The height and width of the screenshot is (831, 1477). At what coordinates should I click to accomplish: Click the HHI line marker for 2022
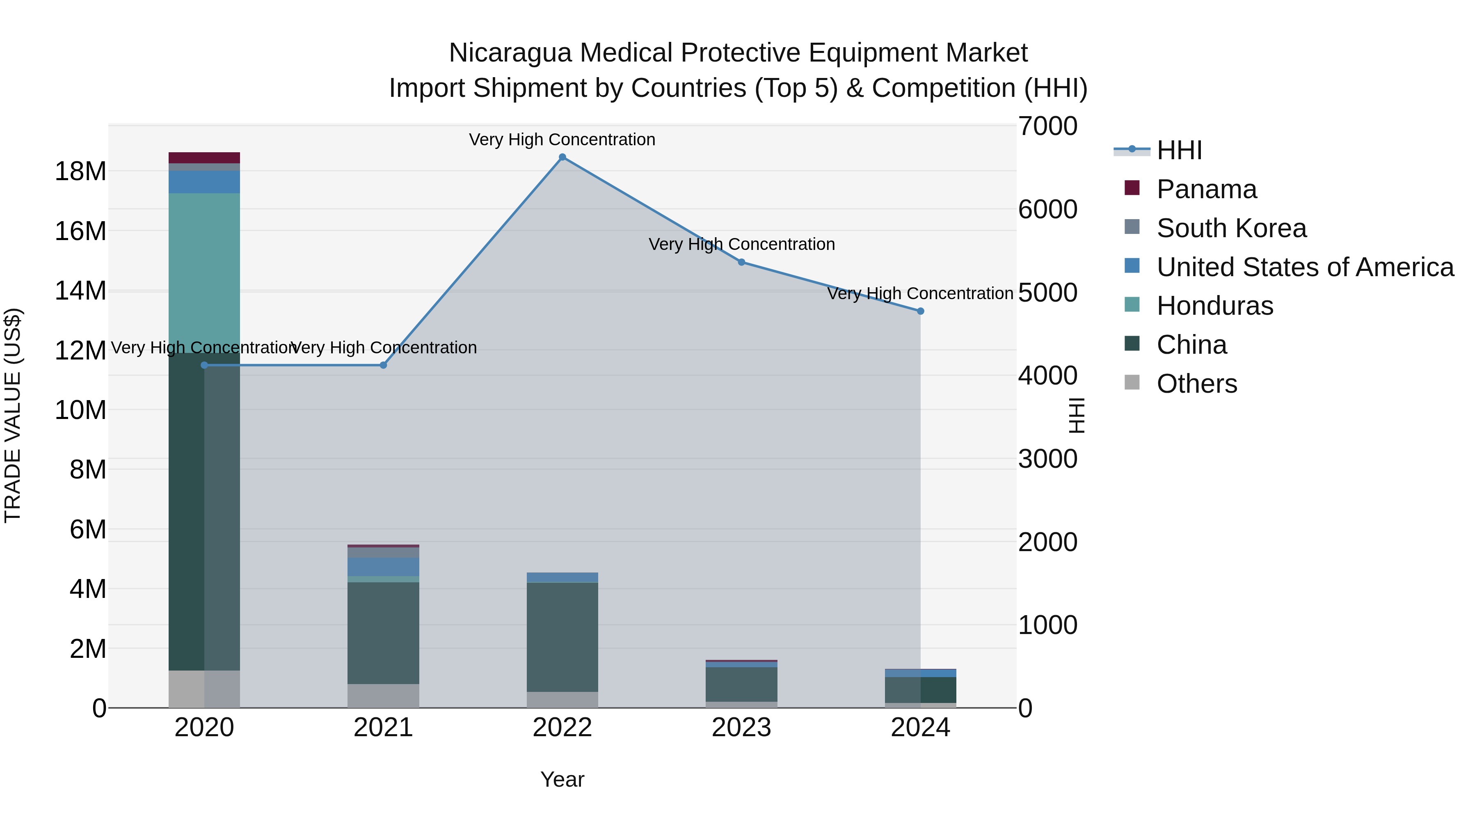coord(562,157)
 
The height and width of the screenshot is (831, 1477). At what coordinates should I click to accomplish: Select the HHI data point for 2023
coord(741,262)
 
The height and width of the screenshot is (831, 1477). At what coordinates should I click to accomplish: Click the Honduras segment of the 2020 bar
coord(204,270)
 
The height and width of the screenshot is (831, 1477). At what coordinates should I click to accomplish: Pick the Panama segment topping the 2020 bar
coord(204,158)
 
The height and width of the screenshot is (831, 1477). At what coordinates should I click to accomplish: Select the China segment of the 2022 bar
coord(562,636)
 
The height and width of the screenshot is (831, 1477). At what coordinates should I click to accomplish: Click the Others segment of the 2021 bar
coord(383,695)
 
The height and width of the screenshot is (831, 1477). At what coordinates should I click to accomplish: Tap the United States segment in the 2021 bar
coord(383,567)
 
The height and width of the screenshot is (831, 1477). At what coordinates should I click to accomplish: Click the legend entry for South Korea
coord(1231,228)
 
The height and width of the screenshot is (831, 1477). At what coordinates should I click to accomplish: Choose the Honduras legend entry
coord(1214,306)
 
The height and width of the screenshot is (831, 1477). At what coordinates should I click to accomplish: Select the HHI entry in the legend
coord(1179,150)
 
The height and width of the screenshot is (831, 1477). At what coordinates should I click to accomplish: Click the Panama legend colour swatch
coord(1132,188)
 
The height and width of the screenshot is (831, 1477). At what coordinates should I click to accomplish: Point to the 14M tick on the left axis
coord(80,291)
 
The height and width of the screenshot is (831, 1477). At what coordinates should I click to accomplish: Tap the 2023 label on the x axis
coord(741,728)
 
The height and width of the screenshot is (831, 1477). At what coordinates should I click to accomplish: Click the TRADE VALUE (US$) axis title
coord(13,415)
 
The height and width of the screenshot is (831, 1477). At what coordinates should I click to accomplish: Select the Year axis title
coord(562,779)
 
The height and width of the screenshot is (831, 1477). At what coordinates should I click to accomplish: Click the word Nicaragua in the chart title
coord(511,53)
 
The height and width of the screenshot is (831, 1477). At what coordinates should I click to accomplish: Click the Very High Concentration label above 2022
coord(562,140)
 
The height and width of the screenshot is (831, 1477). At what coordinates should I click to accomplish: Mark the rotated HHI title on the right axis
coord(1077,415)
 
